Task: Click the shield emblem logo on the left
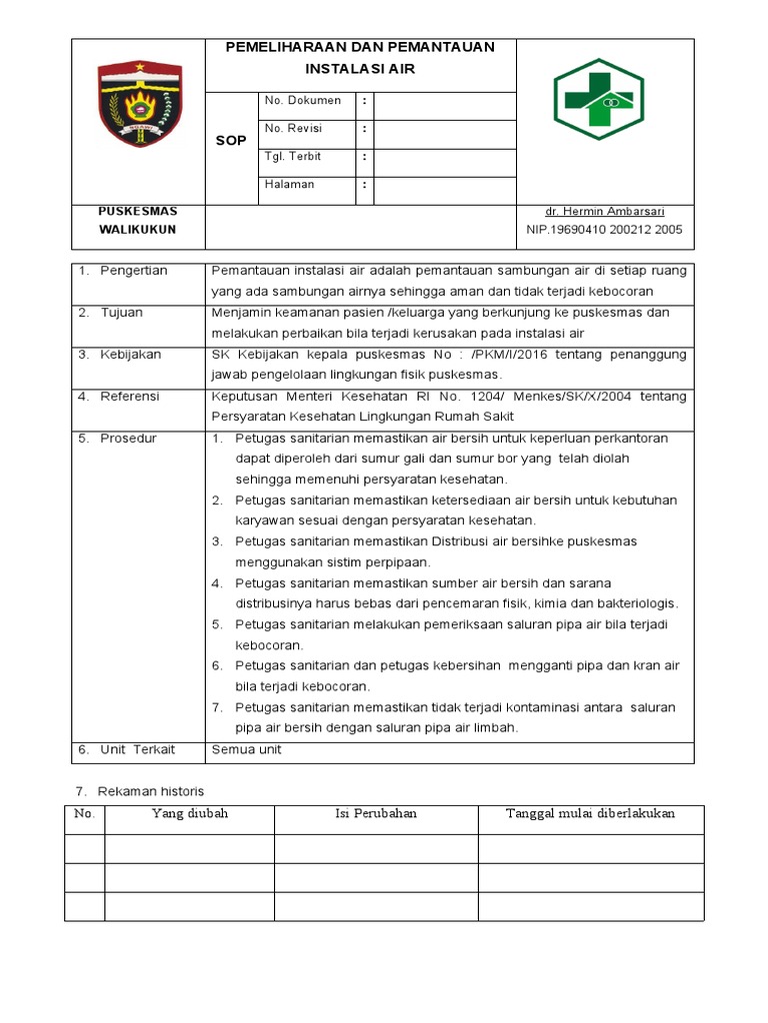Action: click(139, 104)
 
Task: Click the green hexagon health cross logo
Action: click(600, 98)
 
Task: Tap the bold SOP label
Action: click(231, 141)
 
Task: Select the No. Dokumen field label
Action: click(302, 101)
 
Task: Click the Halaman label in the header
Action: click(289, 185)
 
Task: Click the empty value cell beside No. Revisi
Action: click(445, 129)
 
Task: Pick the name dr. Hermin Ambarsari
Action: click(604, 212)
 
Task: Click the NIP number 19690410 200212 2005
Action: click(604, 230)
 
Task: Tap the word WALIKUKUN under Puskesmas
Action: click(137, 230)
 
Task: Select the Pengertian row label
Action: click(133, 271)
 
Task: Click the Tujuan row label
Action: click(121, 313)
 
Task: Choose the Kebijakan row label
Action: click(130, 355)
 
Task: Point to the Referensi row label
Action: click(129, 397)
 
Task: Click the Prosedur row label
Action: click(128, 439)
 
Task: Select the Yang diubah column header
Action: click(190, 814)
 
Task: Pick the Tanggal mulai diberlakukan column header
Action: click(591, 814)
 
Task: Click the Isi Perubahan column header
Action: click(376, 814)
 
